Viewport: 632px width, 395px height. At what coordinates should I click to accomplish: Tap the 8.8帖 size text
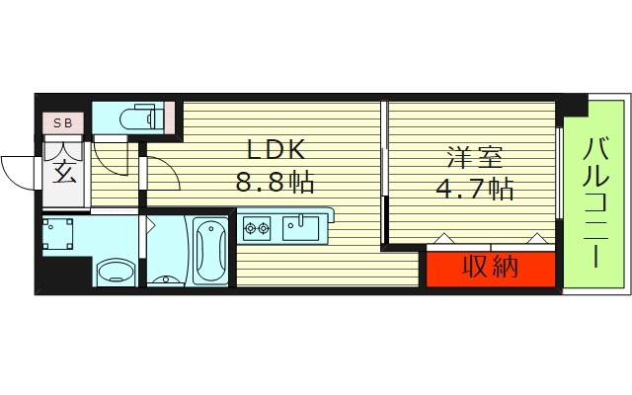[x=275, y=184]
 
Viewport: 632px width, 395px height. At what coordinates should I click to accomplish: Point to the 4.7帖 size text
[x=474, y=188]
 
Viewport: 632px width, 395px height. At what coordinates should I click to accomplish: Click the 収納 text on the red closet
[x=491, y=267]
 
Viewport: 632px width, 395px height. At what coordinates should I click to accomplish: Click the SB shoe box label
[x=62, y=123]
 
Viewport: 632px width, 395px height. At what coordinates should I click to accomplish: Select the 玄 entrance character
[x=63, y=174]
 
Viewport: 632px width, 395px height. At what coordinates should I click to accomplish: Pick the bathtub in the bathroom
[x=210, y=250]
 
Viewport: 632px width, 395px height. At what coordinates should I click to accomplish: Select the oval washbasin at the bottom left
[x=116, y=271]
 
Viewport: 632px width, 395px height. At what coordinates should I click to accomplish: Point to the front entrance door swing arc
[x=18, y=173]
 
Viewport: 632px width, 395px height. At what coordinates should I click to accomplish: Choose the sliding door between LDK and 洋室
[x=385, y=178]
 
